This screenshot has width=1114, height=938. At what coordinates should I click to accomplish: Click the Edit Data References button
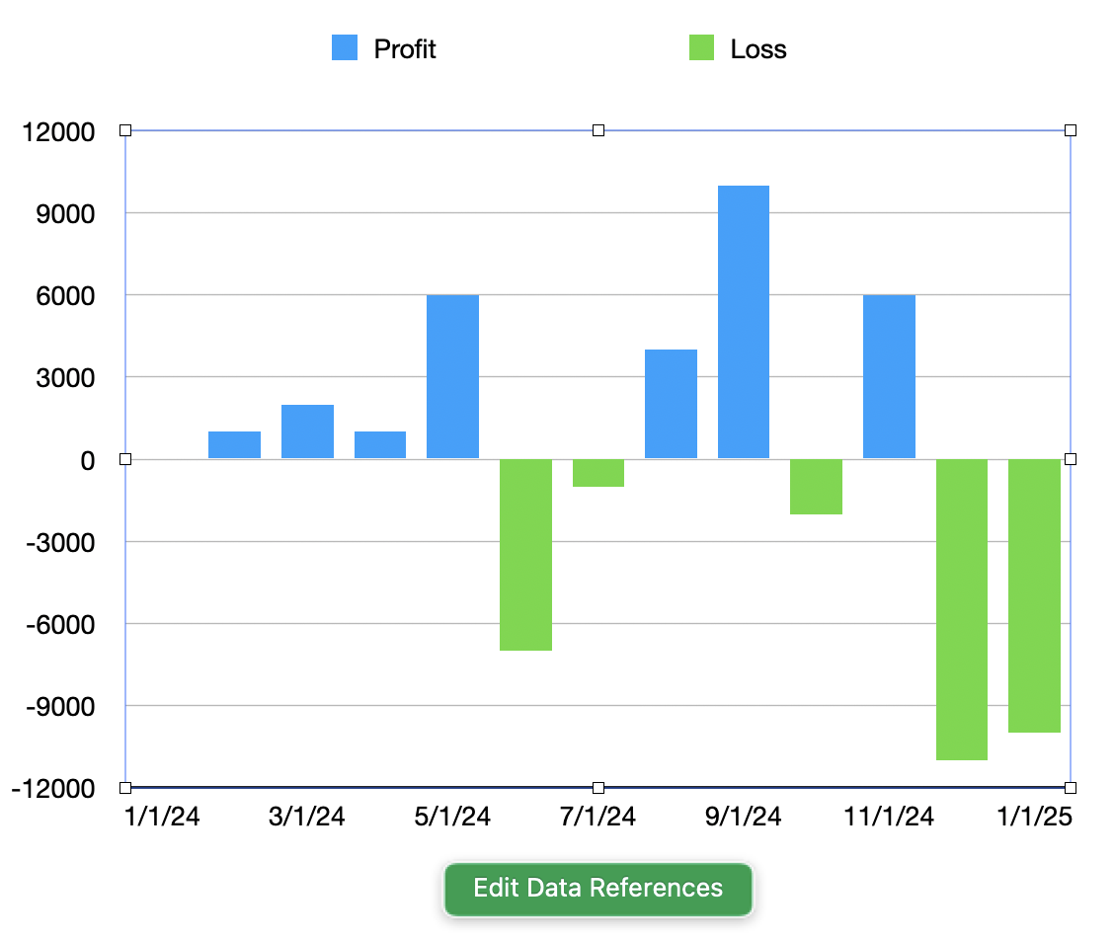[597, 888]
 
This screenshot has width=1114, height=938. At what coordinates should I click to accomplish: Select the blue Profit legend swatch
[345, 47]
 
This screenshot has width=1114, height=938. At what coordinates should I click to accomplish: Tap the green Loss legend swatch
[701, 47]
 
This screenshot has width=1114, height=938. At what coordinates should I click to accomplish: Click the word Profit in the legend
[405, 48]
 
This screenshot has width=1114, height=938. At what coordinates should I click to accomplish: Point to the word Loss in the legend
[758, 48]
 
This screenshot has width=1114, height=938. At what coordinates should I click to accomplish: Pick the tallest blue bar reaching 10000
[744, 322]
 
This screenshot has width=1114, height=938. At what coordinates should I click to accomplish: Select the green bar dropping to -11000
[962, 609]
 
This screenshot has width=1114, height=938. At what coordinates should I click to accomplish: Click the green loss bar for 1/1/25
[1034, 595]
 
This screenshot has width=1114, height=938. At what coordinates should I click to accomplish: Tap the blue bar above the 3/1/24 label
[307, 431]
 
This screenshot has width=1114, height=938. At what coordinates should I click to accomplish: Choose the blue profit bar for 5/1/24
[452, 376]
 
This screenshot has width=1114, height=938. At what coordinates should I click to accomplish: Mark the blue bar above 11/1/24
[889, 376]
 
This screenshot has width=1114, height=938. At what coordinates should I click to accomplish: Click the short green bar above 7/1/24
[598, 473]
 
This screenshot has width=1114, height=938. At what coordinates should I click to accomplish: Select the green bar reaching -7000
[525, 554]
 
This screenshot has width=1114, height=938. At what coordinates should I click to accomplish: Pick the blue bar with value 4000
[671, 404]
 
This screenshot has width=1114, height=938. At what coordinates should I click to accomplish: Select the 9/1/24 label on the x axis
[744, 817]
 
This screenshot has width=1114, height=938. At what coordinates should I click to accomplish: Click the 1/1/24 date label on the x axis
[162, 817]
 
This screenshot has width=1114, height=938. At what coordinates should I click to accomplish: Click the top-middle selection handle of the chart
[597, 130]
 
